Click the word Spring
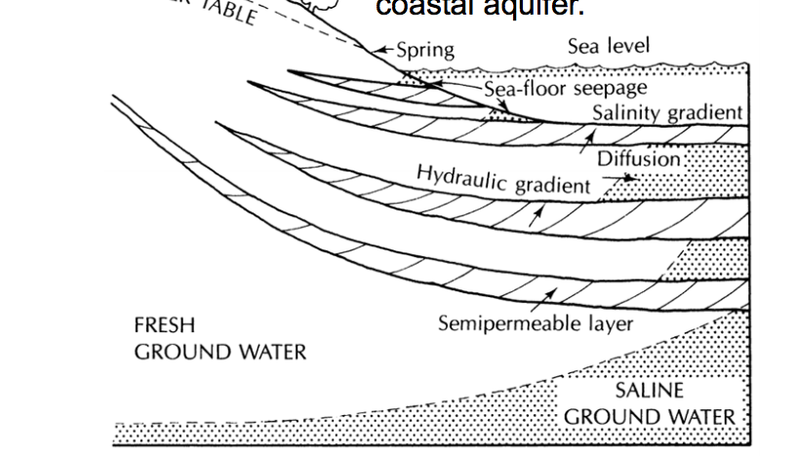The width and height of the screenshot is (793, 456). pyautogui.click(x=425, y=51)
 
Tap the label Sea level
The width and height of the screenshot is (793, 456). pyautogui.click(x=608, y=46)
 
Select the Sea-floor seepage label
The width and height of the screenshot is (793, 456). pyautogui.click(x=566, y=90)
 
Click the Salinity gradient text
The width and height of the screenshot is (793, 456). pyautogui.click(x=667, y=113)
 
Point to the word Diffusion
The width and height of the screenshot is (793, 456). pyautogui.click(x=637, y=158)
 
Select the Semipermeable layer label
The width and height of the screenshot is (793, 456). pyautogui.click(x=535, y=323)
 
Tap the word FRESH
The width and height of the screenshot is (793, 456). pyautogui.click(x=165, y=325)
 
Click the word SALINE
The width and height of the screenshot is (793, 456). pyautogui.click(x=650, y=392)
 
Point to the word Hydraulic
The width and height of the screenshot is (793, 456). pyautogui.click(x=456, y=176)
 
